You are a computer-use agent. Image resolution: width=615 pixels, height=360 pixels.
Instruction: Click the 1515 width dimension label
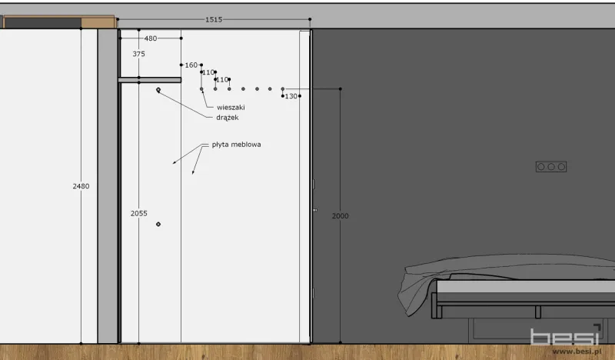click(x=214, y=19)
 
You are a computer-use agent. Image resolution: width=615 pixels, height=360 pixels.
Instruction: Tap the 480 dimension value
click(x=151, y=38)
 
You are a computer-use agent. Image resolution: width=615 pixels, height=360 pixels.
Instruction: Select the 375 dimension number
click(x=138, y=54)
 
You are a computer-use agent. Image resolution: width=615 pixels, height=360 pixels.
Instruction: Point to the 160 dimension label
click(x=191, y=65)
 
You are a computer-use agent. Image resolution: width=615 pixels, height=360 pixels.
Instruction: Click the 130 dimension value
click(x=291, y=96)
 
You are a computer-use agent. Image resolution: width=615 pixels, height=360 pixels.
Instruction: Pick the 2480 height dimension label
click(x=81, y=186)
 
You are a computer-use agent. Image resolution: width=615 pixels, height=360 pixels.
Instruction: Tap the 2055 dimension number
click(x=139, y=213)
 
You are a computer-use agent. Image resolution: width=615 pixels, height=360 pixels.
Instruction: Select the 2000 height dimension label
click(x=340, y=215)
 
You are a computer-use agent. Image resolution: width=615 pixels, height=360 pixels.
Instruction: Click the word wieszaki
click(x=231, y=107)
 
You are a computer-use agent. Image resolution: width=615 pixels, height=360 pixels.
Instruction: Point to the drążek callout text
click(x=228, y=118)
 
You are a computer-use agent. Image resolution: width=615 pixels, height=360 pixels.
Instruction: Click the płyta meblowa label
click(x=236, y=145)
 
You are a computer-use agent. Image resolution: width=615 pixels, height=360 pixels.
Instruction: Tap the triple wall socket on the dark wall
click(x=551, y=167)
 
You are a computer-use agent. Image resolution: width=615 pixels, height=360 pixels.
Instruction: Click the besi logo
click(x=566, y=336)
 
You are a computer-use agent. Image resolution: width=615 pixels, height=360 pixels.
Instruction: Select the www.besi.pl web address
click(x=577, y=352)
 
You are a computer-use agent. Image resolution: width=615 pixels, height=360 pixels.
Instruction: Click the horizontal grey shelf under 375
click(x=149, y=80)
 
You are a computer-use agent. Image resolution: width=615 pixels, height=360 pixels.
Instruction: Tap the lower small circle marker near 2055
click(x=158, y=224)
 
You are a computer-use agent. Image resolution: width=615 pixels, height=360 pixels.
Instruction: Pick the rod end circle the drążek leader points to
click(x=158, y=90)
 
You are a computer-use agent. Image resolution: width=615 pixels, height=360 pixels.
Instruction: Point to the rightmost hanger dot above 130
click(x=282, y=89)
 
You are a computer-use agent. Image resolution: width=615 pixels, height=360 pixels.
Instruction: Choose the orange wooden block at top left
click(x=98, y=22)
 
